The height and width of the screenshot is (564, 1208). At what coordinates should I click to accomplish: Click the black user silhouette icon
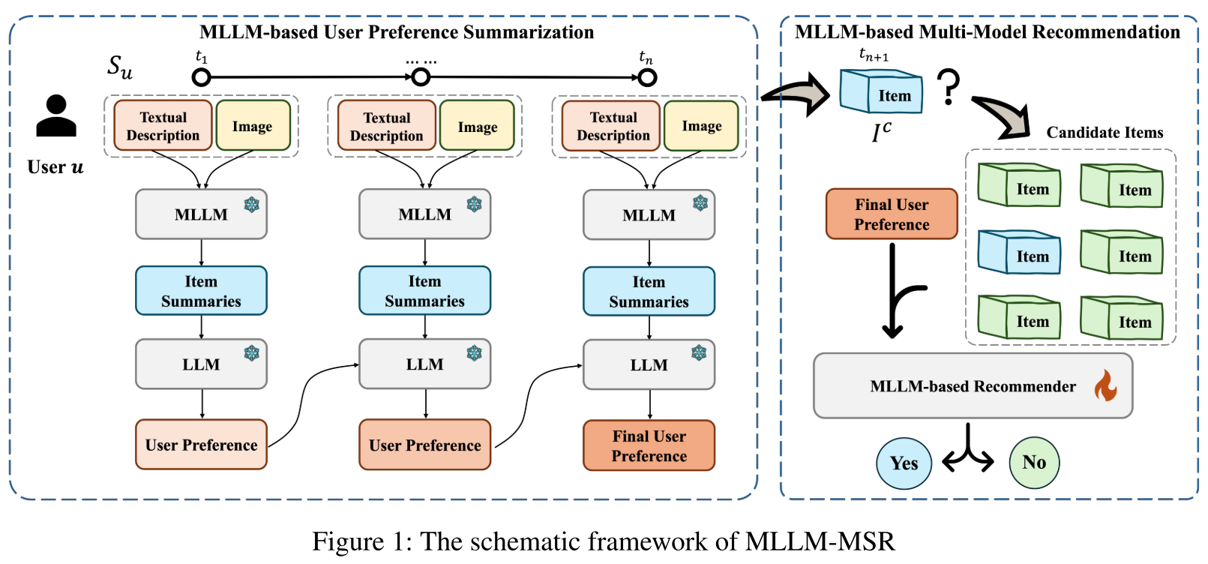[x=56, y=116]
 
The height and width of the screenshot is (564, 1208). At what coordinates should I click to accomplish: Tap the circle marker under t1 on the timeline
[x=201, y=78]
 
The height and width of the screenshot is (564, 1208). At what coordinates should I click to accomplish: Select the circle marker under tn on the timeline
[x=647, y=78]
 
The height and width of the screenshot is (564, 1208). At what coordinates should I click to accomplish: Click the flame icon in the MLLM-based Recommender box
[x=1105, y=385]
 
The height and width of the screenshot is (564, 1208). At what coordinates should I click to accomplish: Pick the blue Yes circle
[x=904, y=463]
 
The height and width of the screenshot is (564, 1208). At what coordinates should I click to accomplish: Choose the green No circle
[x=1034, y=463]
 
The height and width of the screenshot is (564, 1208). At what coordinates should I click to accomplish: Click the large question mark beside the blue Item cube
[x=949, y=86]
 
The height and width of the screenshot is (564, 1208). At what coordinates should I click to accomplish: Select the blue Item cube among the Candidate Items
[x=1019, y=252]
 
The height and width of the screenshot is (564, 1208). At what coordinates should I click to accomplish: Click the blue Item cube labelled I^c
[x=881, y=91]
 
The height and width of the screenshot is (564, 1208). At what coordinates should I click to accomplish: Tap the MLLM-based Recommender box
[x=973, y=385]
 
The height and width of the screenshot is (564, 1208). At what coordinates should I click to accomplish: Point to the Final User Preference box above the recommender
[x=892, y=214]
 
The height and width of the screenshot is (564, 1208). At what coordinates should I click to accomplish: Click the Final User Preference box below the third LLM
[x=649, y=445]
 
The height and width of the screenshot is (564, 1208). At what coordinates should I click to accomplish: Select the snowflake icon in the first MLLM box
[x=252, y=205]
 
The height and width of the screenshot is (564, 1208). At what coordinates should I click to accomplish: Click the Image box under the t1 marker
[x=253, y=126]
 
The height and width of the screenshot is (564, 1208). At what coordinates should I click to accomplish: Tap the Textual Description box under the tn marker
[x=611, y=126]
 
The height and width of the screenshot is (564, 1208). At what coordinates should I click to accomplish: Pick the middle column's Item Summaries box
[x=425, y=291]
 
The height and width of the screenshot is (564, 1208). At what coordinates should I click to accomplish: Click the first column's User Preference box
[x=201, y=444]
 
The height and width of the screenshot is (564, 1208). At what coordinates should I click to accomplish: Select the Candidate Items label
[x=1105, y=133]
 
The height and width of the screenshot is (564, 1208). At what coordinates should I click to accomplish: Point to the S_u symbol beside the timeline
[x=120, y=67]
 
